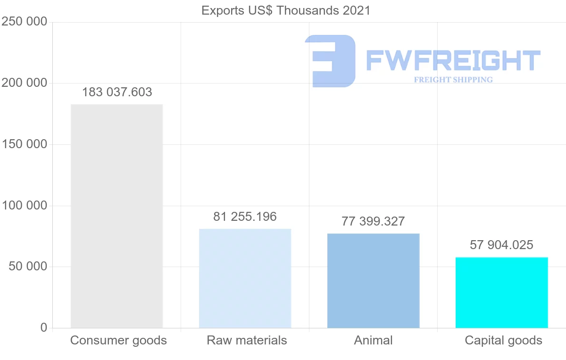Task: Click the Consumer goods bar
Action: point(117,216)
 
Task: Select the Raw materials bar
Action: point(245,278)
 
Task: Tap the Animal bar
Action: point(373,281)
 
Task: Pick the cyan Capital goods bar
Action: point(501,293)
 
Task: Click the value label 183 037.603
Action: point(117,92)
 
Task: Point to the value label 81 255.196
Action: point(245,217)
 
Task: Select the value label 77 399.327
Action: point(373,221)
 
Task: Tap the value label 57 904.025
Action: point(501,245)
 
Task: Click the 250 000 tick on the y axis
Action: point(25,22)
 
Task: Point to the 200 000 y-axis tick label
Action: point(25,83)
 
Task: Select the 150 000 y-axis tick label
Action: point(25,144)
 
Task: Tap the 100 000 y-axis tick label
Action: point(25,206)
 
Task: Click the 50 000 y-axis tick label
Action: point(28,267)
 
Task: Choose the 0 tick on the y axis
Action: point(44,327)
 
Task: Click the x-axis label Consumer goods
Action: point(118,340)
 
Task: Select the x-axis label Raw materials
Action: point(247,340)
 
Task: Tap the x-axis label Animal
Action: point(373,340)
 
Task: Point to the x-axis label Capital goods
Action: point(503,340)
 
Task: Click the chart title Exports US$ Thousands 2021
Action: point(286,10)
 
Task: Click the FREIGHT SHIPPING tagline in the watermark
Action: point(453,80)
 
